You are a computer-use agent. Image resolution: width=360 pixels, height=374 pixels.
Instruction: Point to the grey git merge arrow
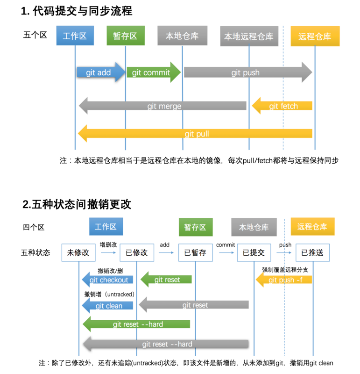pyautogui.click(x=163, y=106)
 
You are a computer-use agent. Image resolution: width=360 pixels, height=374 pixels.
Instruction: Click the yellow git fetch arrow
pyautogui.click(x=282, y=106)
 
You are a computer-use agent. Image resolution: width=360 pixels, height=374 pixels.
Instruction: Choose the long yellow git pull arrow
pyautogui.click(x=196, y=134)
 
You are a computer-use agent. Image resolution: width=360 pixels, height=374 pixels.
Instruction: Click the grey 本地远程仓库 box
pyautogui.click(x=249, y=36)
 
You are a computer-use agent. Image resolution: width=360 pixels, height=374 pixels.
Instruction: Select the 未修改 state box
pyautogui.click(x=78, y=253)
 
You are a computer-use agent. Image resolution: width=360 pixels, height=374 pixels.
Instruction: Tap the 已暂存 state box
pyautogui.click(x=195, y=253)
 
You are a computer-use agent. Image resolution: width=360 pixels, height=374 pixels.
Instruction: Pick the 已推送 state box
pyautogui.click(x=312, y=253)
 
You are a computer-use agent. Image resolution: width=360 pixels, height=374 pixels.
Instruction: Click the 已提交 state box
pyautogui.click(x=254, y=253)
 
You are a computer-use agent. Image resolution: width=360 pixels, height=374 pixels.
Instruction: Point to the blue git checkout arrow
pyautogui.click(x=108, y=280)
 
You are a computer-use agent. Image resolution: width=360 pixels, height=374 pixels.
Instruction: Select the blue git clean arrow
pyautogui.click(x=108, y=306)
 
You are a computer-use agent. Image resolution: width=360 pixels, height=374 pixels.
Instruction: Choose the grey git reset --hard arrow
pyautogui.click(x=166, y=344)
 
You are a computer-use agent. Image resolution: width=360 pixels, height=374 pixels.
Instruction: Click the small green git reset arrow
pyautogui.click(x=167, y=280)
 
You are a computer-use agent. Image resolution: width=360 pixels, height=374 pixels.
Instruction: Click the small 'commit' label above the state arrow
pyautogui.click(x=225, y=245)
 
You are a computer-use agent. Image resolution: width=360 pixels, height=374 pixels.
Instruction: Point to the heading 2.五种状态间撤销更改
pyautogui.click(x=77, y=204)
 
